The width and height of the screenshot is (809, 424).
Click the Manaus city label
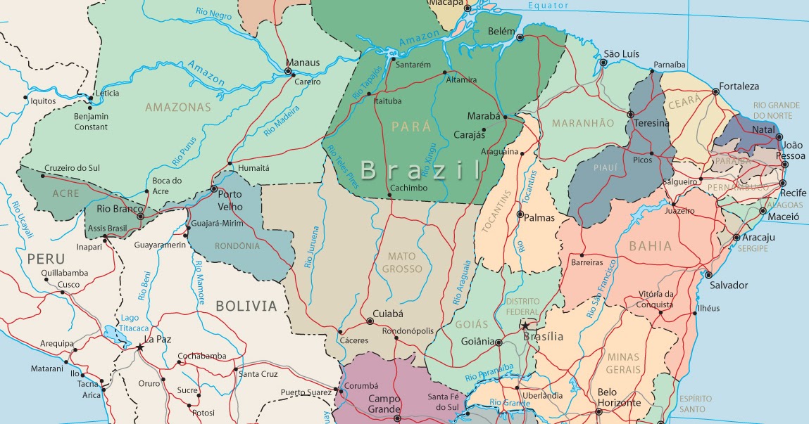coord(303,62)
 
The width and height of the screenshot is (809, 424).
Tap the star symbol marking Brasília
coord(525,325)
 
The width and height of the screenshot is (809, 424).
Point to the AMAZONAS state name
coord(178,108)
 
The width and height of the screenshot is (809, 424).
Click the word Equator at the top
coord(549,6)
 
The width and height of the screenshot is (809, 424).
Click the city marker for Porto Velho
coord(215,189)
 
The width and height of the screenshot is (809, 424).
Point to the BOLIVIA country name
coord(246,305)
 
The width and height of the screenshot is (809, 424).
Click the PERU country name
coord(46,259)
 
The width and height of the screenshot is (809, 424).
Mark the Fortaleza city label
coord(739,86)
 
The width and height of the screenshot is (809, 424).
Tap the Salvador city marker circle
coord(708,275)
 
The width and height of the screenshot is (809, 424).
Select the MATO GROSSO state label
coord(402,262)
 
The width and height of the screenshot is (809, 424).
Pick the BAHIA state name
coord(650,246)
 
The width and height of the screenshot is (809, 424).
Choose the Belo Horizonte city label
coord(618,397)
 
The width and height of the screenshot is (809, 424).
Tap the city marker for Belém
coord(520,37)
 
